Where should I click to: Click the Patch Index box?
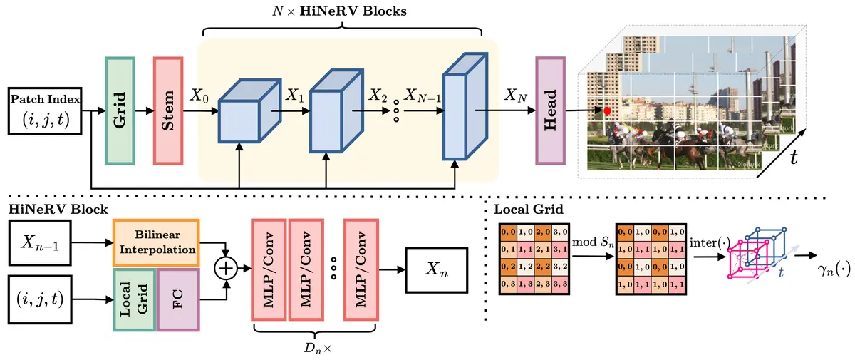tap(44, 112)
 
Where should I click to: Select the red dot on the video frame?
tap(607, 111)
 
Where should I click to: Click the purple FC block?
tap(178, 300)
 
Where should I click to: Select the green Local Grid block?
tap(135, 300)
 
